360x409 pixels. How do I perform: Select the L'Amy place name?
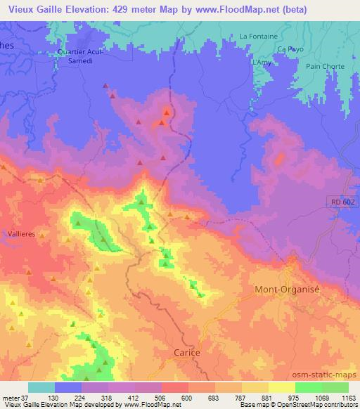click(x=260, y=63)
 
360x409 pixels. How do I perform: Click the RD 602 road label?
click(x=342, y=202)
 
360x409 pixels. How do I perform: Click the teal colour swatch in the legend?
click(x=41, y=387)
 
